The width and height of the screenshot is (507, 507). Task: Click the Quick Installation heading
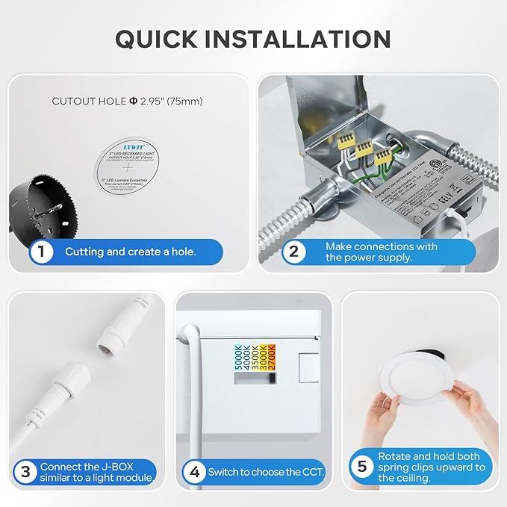(x=253, y=39)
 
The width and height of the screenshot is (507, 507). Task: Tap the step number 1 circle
(x=42, y=252)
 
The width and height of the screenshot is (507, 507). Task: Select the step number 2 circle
(x=293, y=252)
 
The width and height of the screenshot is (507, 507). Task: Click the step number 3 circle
(x=26, y=471)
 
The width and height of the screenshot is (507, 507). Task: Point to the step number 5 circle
(x=362, y=467)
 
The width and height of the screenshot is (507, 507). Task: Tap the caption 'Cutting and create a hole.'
(x=130, y=252)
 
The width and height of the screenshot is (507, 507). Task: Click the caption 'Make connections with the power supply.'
(x=381, y=252)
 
